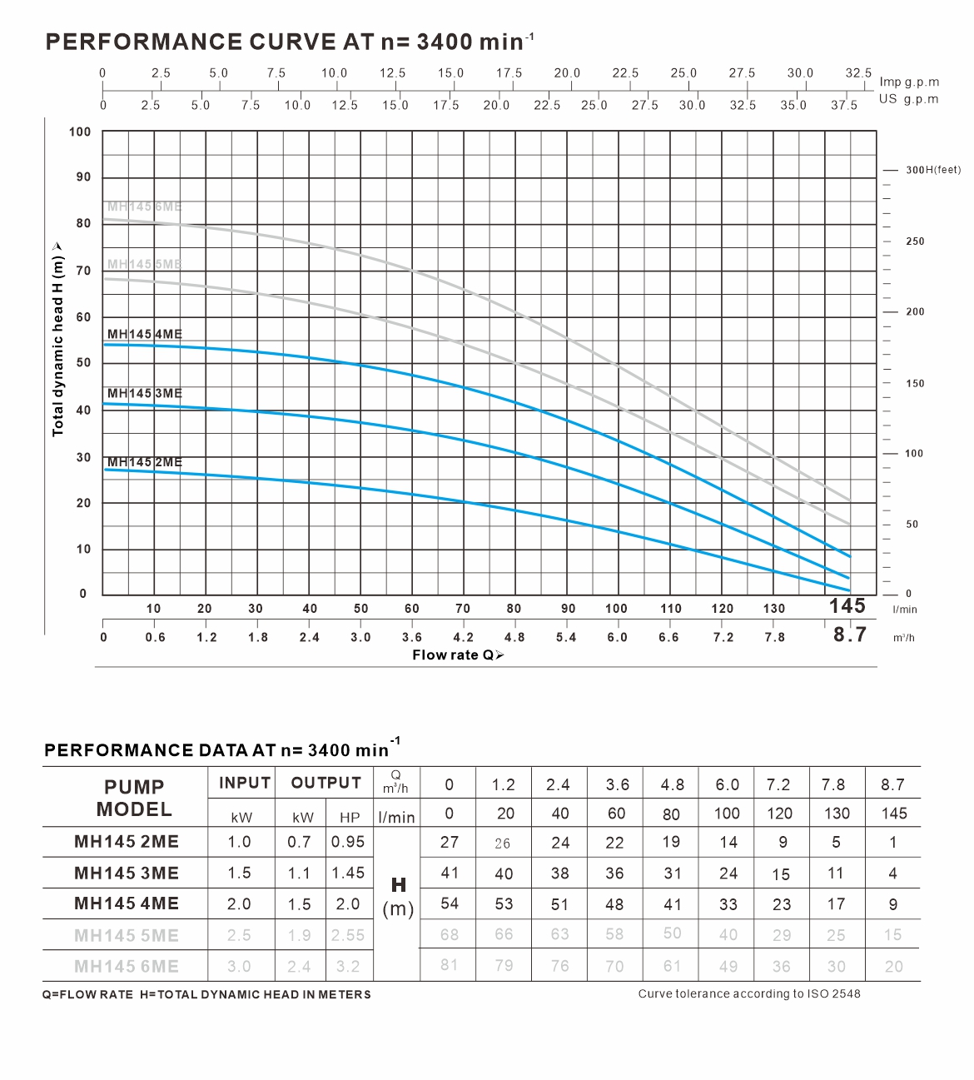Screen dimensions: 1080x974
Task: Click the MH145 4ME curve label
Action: click(x=144, y=334)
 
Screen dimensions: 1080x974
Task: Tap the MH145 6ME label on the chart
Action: click(x=144, y=207)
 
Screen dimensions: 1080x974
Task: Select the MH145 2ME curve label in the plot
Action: click(x=144, y=462)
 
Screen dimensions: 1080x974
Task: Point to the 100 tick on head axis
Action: click(x=80, y=132)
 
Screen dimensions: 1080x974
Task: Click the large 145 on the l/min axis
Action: click(x=847, y=606)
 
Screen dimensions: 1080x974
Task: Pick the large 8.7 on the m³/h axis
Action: click(x=850, y=635)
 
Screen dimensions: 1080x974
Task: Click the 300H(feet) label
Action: click(x=932, y=170)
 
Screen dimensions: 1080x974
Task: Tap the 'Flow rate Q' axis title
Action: click(x=458, y=655)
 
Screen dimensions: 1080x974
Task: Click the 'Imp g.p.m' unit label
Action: click(x=909, y=82)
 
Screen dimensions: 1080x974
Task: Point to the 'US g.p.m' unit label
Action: click(x=908, y=99)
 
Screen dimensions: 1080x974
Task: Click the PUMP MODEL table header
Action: click(x=133, y=798)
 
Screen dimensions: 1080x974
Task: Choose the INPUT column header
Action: click(x=245, y=783)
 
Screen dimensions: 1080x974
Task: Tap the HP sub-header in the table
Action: click(x=350, y=818)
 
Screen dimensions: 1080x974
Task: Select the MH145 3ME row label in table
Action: click(x=127, y=873)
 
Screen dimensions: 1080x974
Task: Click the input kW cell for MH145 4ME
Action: click(x=239, y=904)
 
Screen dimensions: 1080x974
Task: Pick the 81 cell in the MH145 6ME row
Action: click(x=450, y=966)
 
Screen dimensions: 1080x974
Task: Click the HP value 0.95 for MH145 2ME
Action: click(x=348, y=842)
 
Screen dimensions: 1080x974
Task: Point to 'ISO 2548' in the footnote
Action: click(x=833, y=993)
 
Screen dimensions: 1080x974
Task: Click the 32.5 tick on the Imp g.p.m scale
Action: click(x=858, y=73)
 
